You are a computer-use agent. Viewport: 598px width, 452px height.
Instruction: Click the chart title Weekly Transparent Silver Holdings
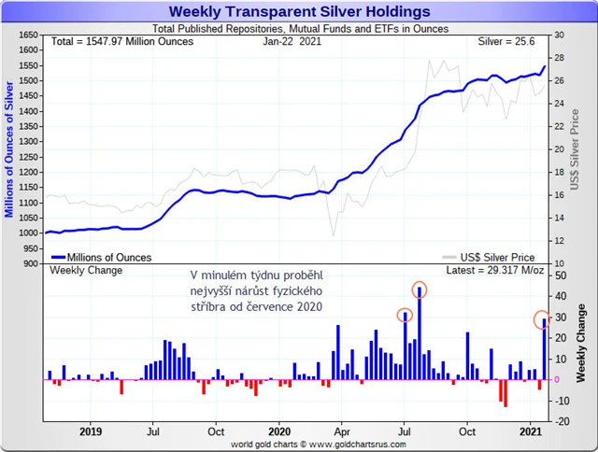tap(299, 12)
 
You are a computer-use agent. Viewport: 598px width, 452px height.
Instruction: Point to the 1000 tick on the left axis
tap(26, 233)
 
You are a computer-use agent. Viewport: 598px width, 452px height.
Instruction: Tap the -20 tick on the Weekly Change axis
tap(559, 421)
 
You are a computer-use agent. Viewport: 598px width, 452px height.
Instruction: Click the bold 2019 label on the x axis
tap(91, 432)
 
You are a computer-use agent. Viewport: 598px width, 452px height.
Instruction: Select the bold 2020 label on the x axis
tap(279, 432)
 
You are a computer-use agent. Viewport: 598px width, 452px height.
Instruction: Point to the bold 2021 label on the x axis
tap(531, 432)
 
